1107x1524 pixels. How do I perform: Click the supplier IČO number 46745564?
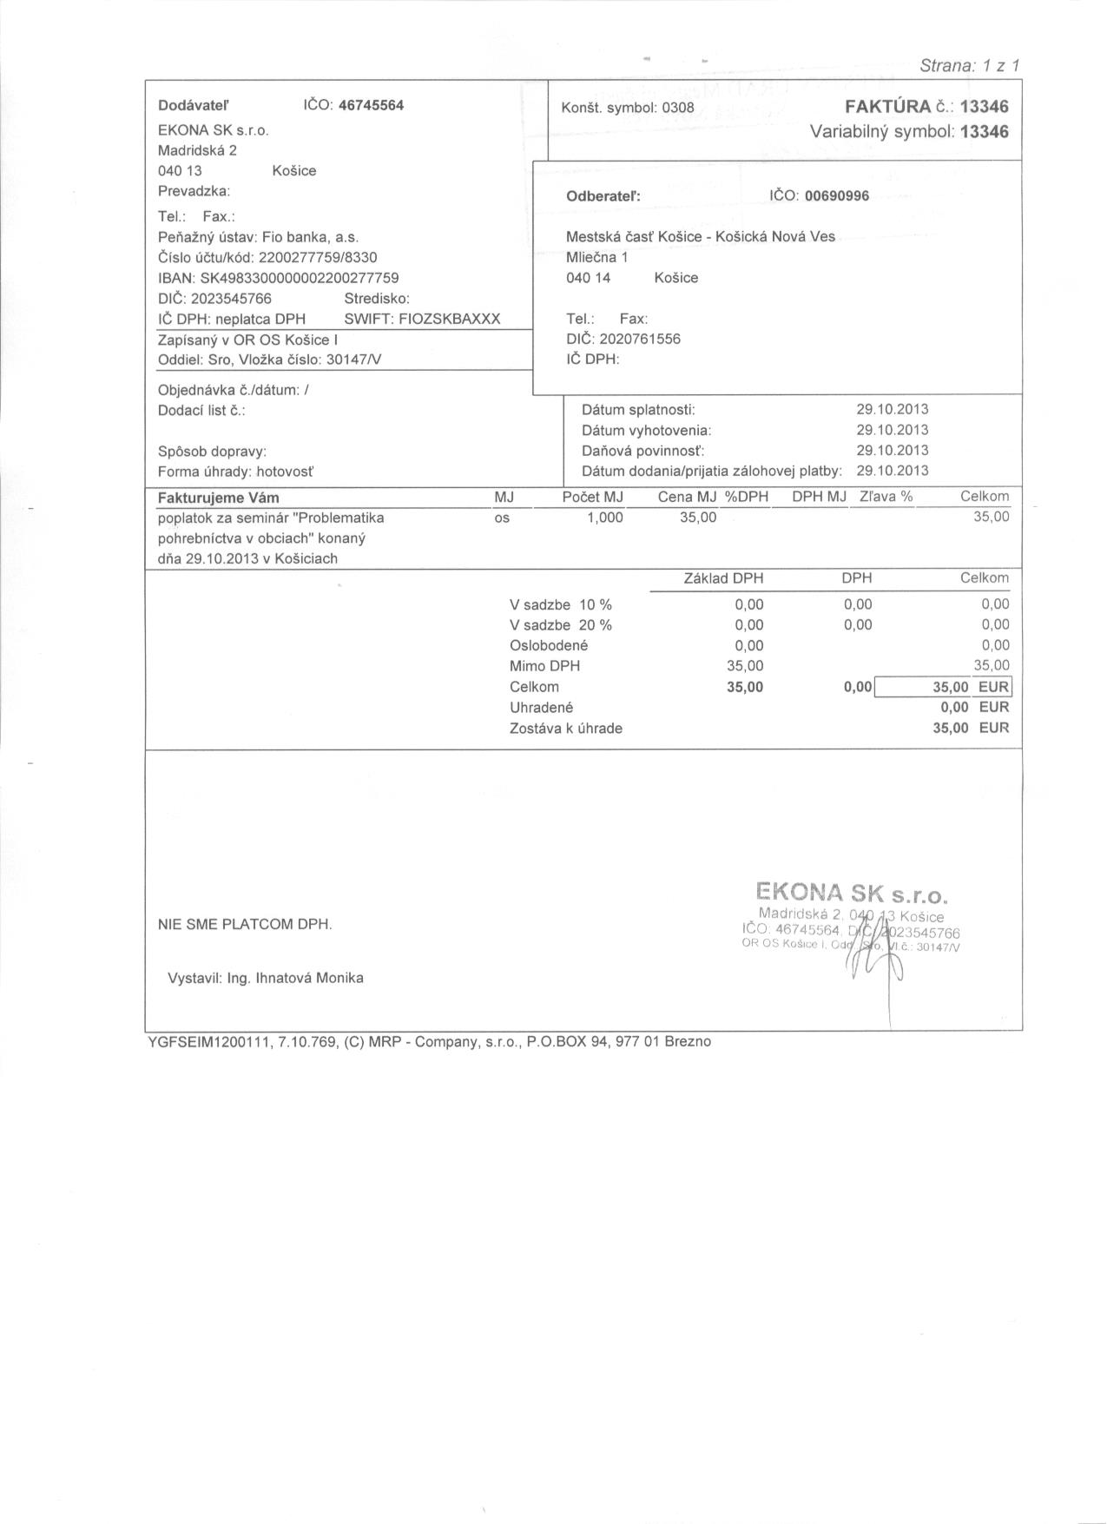(x=371, y=106)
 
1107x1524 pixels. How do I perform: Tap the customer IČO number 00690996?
(x=836, y=196)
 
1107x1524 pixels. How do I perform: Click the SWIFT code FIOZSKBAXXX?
(x=449, y=319)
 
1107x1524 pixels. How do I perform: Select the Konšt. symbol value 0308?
(x=678, y=109)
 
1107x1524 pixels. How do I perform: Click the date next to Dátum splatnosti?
(x=892, y=409)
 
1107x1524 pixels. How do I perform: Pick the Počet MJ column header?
(x=592, y=497)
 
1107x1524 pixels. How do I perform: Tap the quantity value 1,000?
(x=604, y=518)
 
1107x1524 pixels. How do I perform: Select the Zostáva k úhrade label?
(x=565, y=729)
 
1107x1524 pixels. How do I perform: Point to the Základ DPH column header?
(x=723, y=578)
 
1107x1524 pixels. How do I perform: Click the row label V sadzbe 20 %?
(x=560, y=625)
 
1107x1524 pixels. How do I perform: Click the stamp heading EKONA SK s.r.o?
(x=852, y=894)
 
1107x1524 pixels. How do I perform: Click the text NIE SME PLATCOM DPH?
(x=245, y=925)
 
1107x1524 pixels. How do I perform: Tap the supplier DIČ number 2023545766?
(x=231, y=299)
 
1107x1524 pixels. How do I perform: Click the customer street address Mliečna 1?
(x=596, y=257)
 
